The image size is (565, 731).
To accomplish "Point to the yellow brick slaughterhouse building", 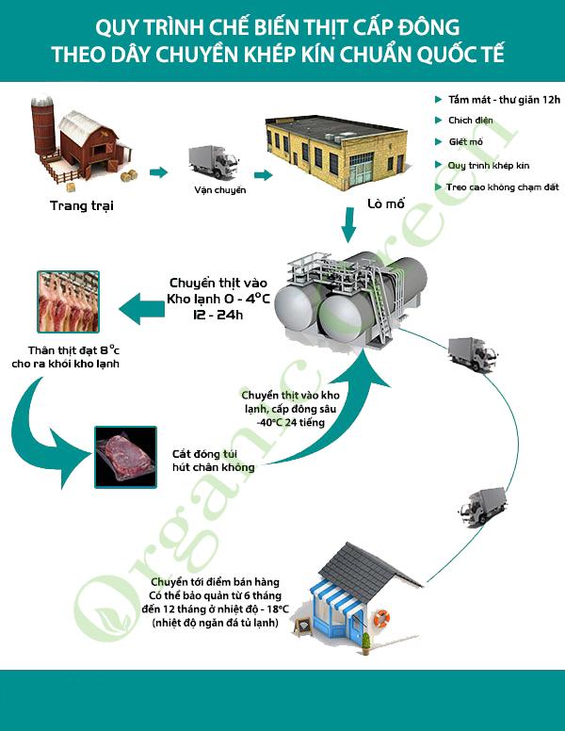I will point(335,151).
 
